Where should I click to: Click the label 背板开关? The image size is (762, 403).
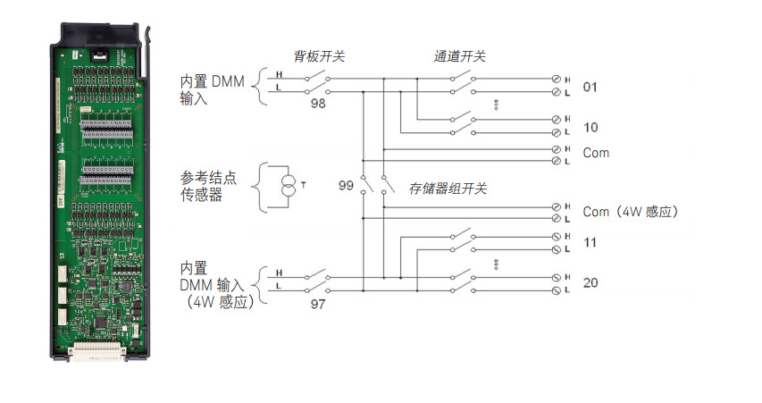(319, 56)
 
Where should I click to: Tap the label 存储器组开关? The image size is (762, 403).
(448, 188)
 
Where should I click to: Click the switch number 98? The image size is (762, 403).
(318, 105)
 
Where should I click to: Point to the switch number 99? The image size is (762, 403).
(347, 186)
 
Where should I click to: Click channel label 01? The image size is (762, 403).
(590, 88)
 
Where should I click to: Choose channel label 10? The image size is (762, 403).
(590, 127)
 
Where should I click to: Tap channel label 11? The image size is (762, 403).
(590, 243)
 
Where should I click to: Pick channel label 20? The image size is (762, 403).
(590, 283)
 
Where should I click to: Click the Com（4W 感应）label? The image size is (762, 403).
(631, 212)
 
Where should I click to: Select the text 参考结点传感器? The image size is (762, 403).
(201, 186)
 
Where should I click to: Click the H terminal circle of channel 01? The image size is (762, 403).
(557, 80)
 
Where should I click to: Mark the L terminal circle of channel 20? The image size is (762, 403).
(557, 290)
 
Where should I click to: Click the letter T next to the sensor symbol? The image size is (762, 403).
(304, 186)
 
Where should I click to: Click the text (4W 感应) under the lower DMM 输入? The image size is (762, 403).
(216, 302)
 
